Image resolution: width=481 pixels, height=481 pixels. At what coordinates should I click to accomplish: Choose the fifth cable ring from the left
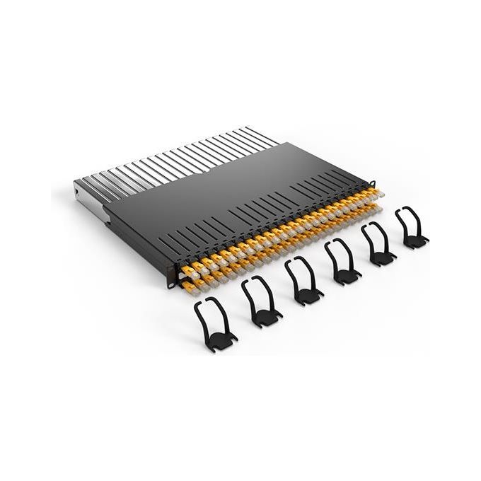379,244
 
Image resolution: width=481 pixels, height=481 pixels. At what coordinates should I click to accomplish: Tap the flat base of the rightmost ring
415,240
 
